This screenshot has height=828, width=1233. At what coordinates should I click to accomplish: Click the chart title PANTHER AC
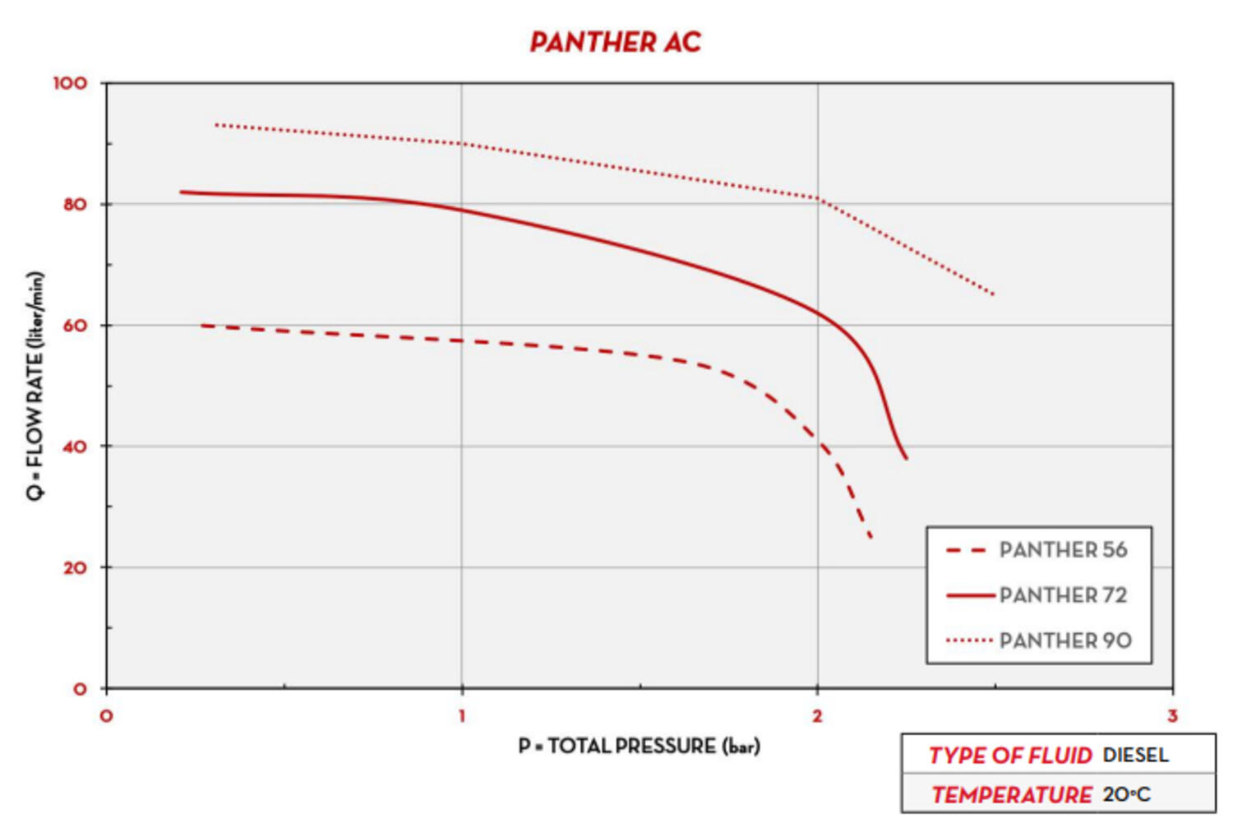[x=615, y=42]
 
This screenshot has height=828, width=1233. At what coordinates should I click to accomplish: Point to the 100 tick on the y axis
[x=70, y=83]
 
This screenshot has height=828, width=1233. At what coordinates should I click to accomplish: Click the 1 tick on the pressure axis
[x=462, y=715]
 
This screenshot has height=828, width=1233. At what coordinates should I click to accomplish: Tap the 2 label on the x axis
[x=817, y=715]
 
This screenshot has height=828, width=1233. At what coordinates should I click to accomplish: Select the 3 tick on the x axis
[x=1172, y=715]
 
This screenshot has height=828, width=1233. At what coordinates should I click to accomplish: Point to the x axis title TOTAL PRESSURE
[x=639, y=746]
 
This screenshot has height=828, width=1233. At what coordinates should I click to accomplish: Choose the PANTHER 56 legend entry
[x=1063, y=549]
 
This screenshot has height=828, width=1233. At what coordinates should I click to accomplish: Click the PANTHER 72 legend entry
[x=1063, y=594]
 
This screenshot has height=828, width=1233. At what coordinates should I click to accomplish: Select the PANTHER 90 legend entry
[x=1065, y=640]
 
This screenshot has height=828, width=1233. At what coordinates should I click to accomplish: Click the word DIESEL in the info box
[x=1135, y=755]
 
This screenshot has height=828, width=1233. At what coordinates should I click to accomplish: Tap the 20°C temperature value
[x=1126, y=794]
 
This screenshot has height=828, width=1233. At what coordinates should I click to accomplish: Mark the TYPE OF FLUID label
[x=1010, y=755]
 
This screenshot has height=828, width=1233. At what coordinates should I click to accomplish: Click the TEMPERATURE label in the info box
[x=1012, y=794]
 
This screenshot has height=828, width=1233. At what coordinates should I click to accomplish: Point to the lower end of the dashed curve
[x=870, y=538]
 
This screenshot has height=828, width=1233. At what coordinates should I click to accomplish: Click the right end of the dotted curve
[x=994, y=294]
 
